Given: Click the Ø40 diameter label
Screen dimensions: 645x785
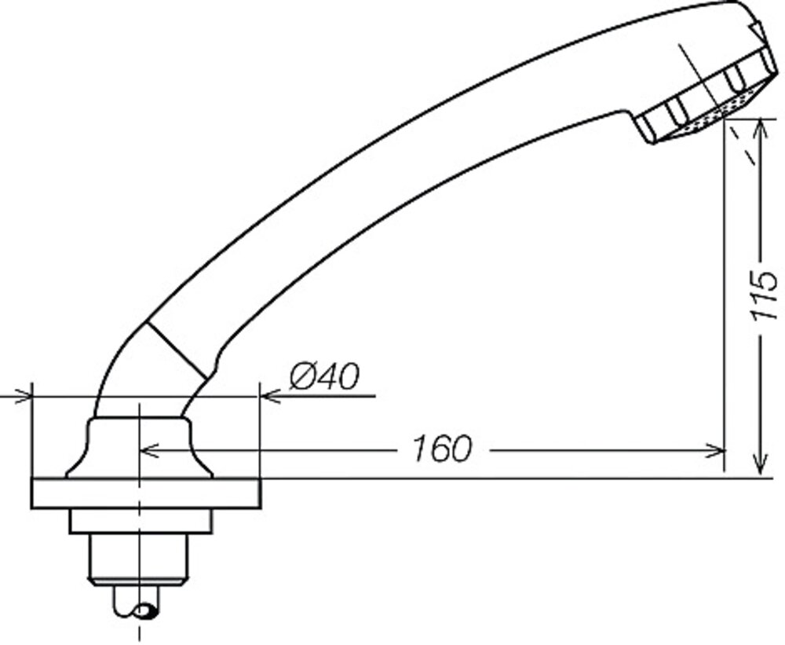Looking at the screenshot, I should coord(323,378).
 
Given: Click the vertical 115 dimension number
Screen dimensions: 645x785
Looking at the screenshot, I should coord(762,295).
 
